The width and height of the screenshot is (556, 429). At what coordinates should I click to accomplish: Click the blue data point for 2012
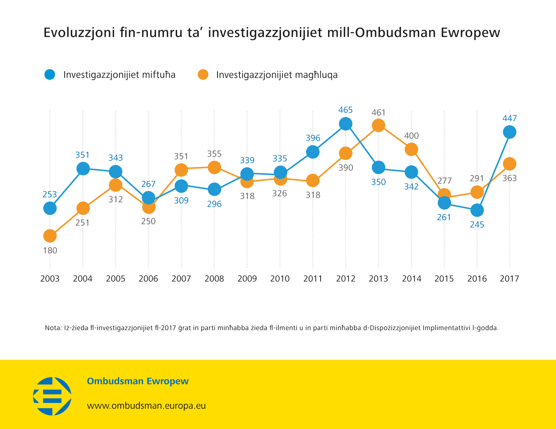[x=345, y=123]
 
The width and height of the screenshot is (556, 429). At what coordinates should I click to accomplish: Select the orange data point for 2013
[x=378, y=125]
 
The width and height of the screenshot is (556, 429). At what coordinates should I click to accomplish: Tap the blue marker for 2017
[x=510, y=132]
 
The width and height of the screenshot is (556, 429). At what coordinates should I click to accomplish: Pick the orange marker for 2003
[x=50, y=236]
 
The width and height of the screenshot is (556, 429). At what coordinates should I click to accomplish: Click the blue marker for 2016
[x=477, y=210]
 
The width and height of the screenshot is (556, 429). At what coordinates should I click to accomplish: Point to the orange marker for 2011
[x=313, y=181]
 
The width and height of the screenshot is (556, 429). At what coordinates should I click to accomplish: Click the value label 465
[x=345, y=110]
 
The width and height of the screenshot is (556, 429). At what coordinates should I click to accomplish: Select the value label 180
[x=50, y=251]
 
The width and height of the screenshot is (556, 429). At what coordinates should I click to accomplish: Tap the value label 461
[x=378, y=112]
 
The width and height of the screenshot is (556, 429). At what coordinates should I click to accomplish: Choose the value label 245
[x=477, y=225]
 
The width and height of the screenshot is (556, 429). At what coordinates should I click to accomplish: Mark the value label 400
[x=411, y=136]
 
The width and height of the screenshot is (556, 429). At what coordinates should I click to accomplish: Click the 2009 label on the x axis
[x=247, y=279]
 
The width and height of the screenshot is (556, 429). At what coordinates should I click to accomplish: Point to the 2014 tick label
[x=411, y=279]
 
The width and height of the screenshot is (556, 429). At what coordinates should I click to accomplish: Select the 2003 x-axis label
[x=50, y=279]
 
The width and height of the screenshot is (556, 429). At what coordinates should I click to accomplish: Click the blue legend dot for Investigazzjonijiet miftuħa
[x=50, y=75]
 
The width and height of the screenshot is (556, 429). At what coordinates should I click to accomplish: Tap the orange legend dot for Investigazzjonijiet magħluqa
[x=203, y=75]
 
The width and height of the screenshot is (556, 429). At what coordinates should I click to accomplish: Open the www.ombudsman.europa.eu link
[x=146, y=406]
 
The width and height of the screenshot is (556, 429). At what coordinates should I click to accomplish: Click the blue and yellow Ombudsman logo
[x=52, y=396]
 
